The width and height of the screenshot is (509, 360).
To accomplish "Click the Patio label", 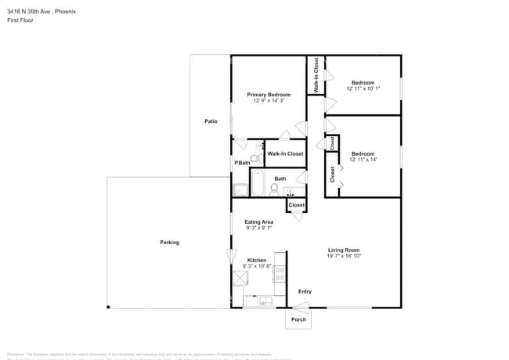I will click(211, 121).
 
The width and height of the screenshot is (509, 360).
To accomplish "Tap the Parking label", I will click(169, 242).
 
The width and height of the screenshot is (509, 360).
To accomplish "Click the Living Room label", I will click(343, 250).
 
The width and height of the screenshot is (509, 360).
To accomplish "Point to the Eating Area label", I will click(258, 221).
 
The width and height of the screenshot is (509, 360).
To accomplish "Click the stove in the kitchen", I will click(279, 274).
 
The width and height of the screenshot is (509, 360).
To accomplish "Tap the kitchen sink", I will click(264, 300).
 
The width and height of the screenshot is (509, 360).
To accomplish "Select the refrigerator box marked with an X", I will click(240, 279).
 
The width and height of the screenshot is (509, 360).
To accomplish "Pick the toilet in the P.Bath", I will click(255, 157).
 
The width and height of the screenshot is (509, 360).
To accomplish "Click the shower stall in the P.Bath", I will click(240, 189).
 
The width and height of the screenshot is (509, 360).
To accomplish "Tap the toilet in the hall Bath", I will click(275, 189).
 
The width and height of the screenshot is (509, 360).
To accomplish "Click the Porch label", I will click(298, 319).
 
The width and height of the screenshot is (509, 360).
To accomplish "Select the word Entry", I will click(305, 292).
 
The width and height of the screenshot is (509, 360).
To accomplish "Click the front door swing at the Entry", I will click(305, 302).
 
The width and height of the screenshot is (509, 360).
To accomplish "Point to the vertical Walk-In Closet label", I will click(316, 77).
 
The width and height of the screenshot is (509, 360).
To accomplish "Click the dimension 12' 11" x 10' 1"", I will click(362, 88).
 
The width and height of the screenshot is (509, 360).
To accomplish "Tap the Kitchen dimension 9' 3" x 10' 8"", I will click(256, 266).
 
